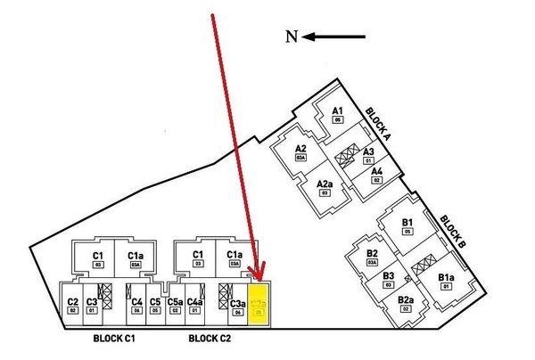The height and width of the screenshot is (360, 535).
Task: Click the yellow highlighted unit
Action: [x=258, y=304]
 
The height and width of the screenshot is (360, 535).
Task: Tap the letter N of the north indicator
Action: [x=291, y=37]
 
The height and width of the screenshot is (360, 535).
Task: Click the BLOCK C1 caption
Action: [x=113, y=339]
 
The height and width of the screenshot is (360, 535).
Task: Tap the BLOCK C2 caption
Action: [x=210, y=339]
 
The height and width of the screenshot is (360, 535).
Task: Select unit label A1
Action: [x=337, y=111]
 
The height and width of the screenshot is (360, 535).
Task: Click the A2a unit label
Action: [x=325, y=184]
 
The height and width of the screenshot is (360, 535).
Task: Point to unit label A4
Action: [x=376, y=171]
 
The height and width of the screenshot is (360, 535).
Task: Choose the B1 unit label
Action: [x=407, y=222]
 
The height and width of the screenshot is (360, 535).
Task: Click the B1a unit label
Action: [x=447, y=278]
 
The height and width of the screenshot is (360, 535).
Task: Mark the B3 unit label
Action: [x=389, y=275]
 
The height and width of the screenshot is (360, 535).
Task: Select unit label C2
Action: [x=73, y=301]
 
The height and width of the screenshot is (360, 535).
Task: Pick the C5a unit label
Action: [x=175, y=301]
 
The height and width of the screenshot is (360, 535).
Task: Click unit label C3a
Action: [x=237, y=305]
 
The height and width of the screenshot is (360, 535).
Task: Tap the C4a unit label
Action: [x=195, y=301]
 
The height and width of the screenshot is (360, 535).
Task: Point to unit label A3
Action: [x=367, y=151]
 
